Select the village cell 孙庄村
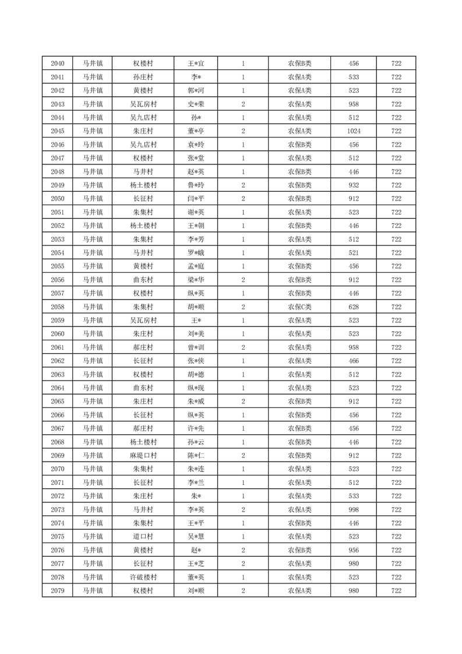click(x=143, y=77)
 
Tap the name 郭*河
click(x=196, y=90)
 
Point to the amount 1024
click(x=354, y=131)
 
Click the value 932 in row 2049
click(x=354, y=185)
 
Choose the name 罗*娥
click(x=196, y=252)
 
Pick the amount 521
click(x=354, y=252)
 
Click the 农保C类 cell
click(x=299, y=307)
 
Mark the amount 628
click(x=354, y=307)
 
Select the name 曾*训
click(x=196, y=347)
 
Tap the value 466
click(x=354, y=361)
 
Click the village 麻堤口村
click(x=143, y=455)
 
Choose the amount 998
click(x=354, y=509)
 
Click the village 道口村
click(x=143, y=536)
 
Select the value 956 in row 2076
click(x=354, y=550)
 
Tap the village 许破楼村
click(x=143, y=577)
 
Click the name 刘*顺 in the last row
click(x=196, y=590)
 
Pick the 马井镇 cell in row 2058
click(x=92, y=307)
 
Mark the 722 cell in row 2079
click(x=396, y=590)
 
